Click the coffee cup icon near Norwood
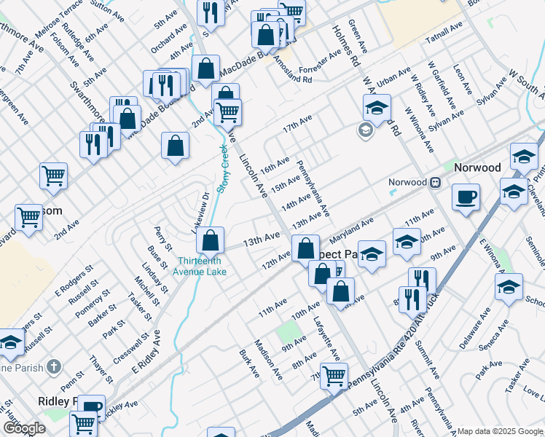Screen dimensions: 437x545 [466, 197]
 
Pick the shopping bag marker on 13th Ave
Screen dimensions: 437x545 [210, 240]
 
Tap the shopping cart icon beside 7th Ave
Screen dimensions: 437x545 [334, 377]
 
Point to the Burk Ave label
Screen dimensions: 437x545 [249, 362]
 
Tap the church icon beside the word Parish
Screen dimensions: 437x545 [52, 368]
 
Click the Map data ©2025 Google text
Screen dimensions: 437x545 [499, 430]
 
